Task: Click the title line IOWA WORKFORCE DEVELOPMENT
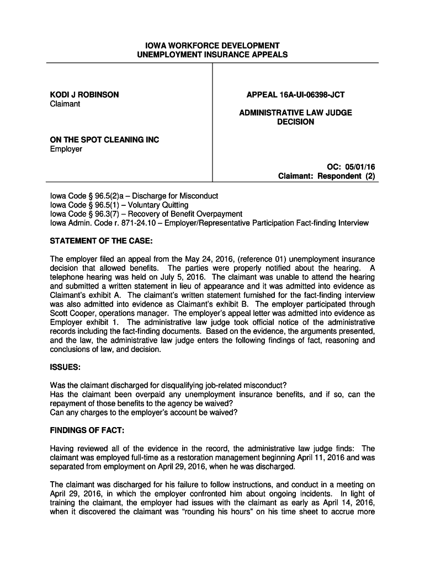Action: coord(212,45)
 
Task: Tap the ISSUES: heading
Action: coord(66,367)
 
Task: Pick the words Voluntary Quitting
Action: coord(158,205)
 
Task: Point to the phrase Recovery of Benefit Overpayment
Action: coord(185,214)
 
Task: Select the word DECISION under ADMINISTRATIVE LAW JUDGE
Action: coord(295,121)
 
